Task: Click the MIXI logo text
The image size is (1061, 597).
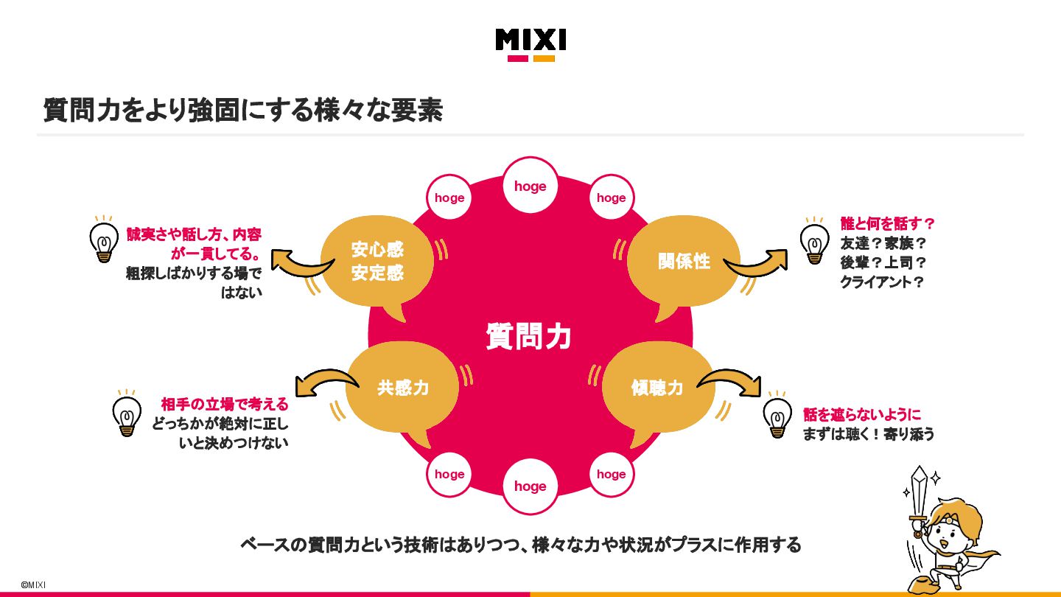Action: tap(530, 39)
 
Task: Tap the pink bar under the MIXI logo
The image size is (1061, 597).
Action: tap(518, 58)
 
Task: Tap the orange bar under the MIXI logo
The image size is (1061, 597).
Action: tap(544, 58)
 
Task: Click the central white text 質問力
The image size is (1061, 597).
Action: tap(529, 336)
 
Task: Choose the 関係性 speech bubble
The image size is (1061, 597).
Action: tap(684, 261)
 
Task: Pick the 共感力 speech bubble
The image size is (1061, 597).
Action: tap(402, 388)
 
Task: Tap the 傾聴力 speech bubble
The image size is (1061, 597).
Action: tap(657, 388)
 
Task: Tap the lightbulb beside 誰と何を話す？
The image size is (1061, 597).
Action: tap(813, 240)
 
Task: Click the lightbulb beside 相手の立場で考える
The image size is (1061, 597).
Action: tap(127, 414)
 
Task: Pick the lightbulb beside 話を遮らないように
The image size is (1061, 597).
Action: tap(777, 416)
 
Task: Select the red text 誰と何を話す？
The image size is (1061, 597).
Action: tap(887, 223)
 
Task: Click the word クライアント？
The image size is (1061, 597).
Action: tap(882, 282)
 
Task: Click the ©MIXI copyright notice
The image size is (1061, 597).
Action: tap(33, 584)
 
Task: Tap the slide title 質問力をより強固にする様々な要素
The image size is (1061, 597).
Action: tap(243, 111)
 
